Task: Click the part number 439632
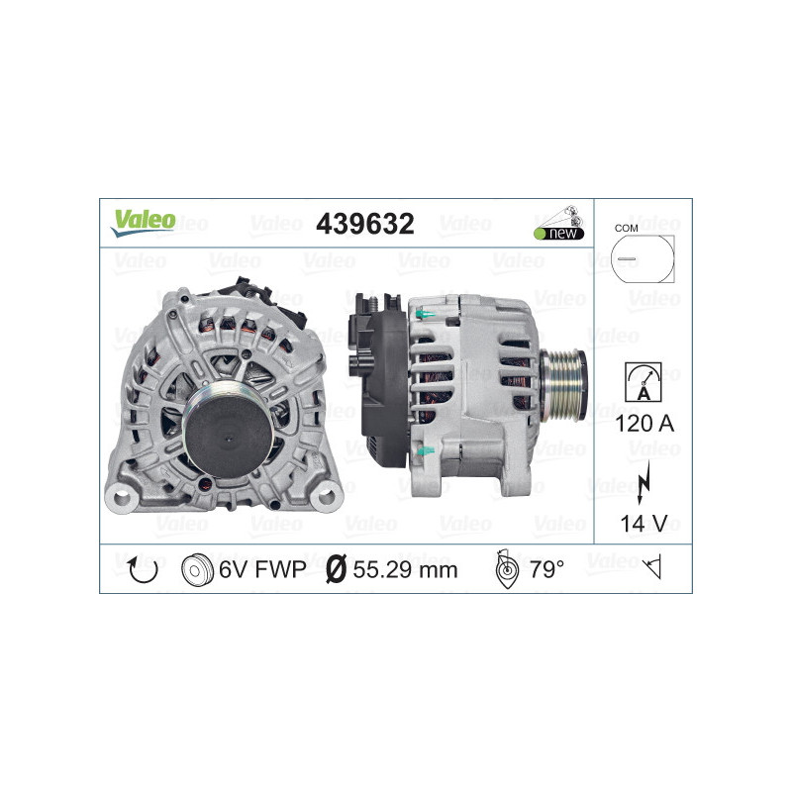pyautogui.click(x=364, y=224)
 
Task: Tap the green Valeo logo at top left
pyautogui.click(x=143, y=222)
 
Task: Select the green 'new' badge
pyautogui.click(x=561, y=232)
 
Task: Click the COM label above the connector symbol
pyautogui.click(x=626, y=228)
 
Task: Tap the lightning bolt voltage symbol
pyautogui.click(x=644, y=472)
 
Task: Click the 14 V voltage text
pyautogui.click(x=643, y=522)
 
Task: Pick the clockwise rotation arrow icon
pyautogui.click(x=144, y=570)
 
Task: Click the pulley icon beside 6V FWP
pyautogui.click(x=198, y=570)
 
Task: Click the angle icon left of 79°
pyautogui.click(x=505, y=570)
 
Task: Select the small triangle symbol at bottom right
pyautogui.click(x=651, y=568)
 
